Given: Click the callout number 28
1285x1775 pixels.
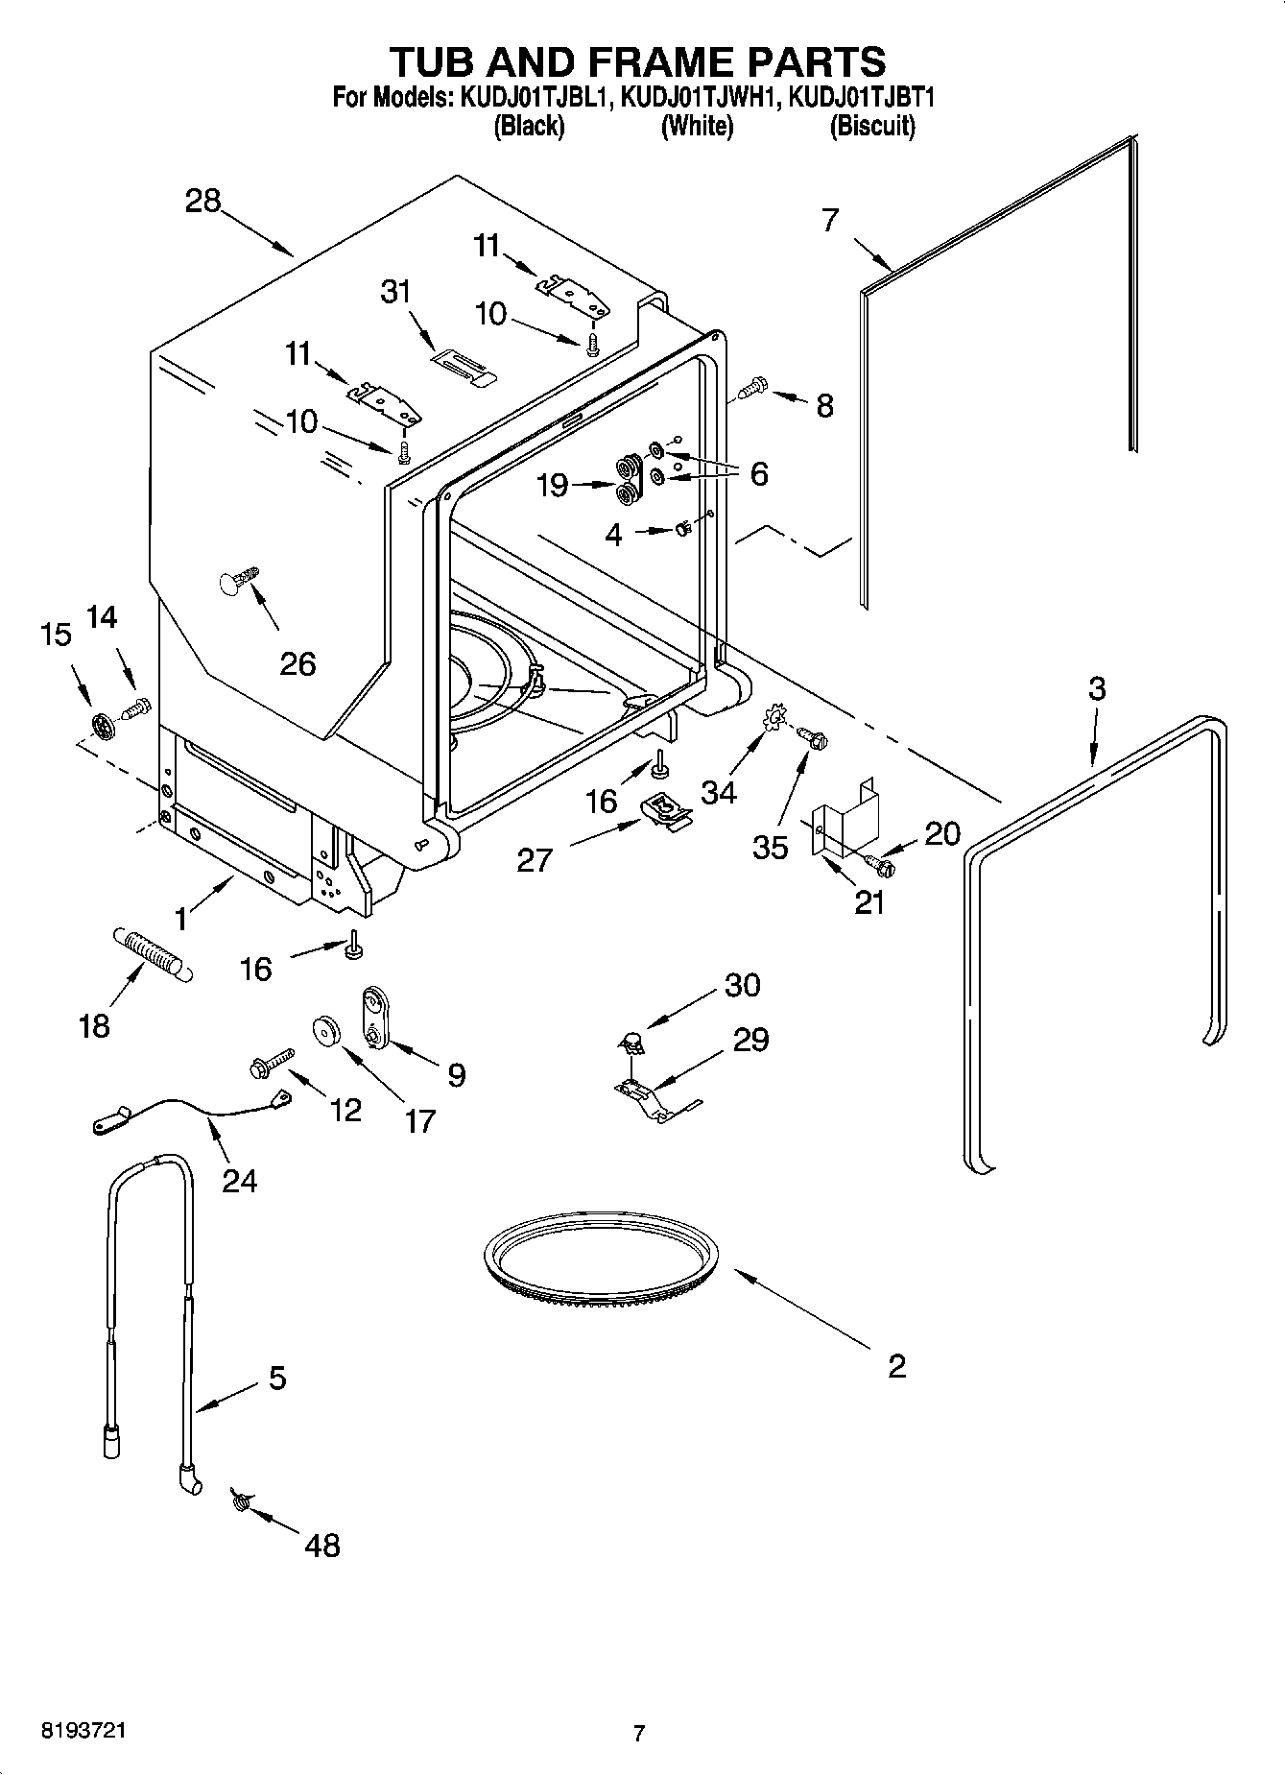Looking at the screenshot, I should click(203, 202).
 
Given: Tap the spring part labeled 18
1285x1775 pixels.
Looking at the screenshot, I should click(153, 953).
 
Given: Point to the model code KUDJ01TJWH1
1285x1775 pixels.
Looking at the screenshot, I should click(697, 97).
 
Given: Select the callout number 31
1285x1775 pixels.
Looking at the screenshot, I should click(395, 292).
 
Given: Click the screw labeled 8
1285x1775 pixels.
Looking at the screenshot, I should click(753, 387).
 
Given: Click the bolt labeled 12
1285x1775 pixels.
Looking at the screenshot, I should click(269, 1063).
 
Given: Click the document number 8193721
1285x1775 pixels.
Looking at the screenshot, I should click(83, 1731).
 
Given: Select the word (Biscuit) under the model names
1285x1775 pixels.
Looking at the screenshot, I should click(871, 126).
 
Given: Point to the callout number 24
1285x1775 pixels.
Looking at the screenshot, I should click(240, 1180).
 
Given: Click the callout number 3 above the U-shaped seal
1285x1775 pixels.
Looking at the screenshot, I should click(1097, 688).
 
